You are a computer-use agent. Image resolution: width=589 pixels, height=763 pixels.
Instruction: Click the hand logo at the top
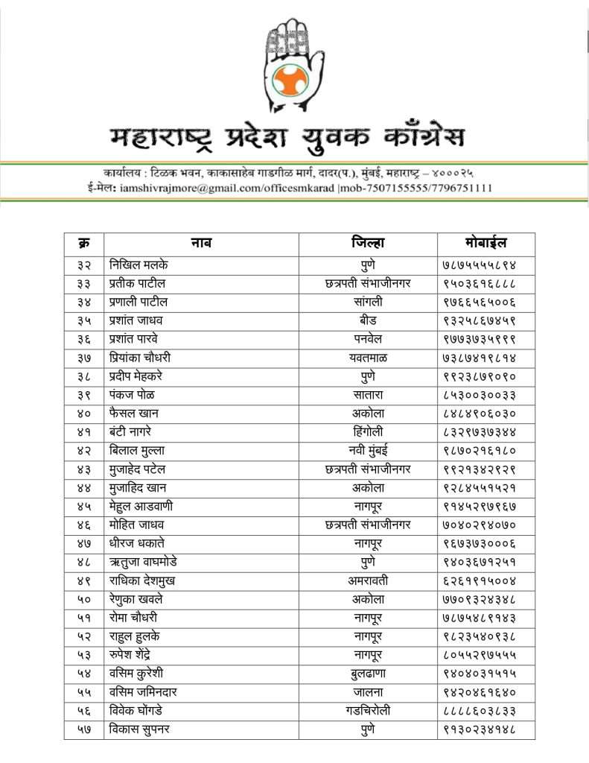click(295, 67)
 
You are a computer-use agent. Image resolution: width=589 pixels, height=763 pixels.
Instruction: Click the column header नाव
click(201, 243)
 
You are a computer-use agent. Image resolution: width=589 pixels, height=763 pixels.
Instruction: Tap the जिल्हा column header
click(368, 243)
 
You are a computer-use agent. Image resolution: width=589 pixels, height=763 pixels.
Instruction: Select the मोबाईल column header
click(485, 243)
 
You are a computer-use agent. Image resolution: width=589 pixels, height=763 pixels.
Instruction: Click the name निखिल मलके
click(139, 265)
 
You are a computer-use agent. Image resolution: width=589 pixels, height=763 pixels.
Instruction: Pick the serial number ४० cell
click(83, 414)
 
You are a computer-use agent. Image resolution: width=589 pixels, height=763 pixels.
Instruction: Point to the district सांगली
click(368, 302)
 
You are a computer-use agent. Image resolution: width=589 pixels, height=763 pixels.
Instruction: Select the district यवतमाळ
click(368, 358)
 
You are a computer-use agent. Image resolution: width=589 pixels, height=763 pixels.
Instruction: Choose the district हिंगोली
click(368, 432)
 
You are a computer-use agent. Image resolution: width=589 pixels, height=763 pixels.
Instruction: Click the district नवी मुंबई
click(368, 451)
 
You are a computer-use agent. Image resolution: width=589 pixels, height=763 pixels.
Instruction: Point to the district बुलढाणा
click(368, 674)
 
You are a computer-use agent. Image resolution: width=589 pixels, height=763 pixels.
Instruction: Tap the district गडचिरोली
click(368, 711)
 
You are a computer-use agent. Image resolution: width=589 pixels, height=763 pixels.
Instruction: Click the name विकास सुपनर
click(139, 729)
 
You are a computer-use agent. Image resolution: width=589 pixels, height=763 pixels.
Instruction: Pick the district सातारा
click(368, 395)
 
